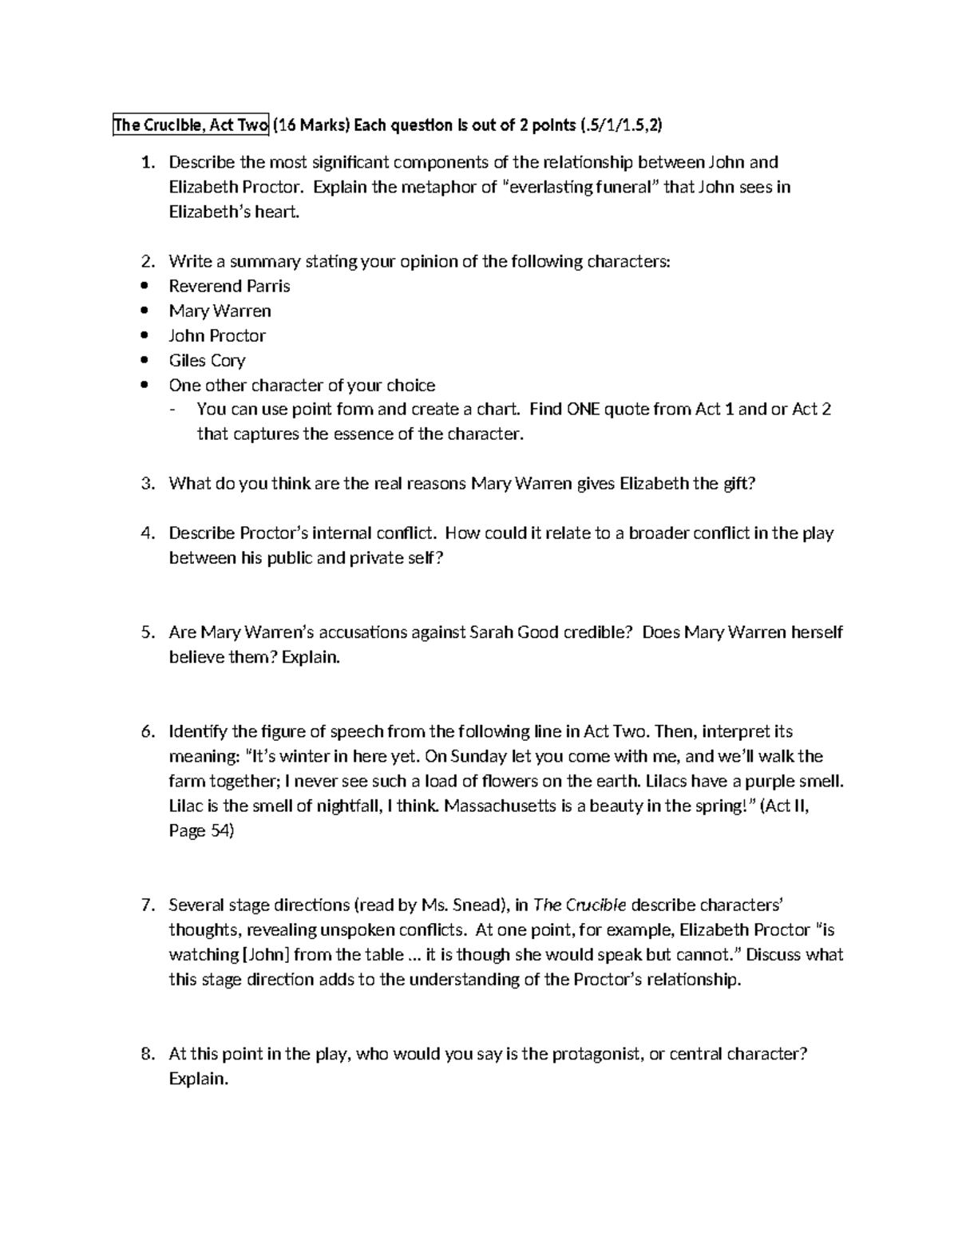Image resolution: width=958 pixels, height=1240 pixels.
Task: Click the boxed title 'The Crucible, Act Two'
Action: click(191, 125)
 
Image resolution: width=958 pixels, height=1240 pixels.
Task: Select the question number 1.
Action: click(146, 163)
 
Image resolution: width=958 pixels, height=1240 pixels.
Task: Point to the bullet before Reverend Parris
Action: click(144, 287)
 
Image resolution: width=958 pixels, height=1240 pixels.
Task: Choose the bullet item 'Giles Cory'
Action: click(207, 361)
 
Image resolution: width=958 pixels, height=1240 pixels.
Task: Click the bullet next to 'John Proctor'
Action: click(144, 336)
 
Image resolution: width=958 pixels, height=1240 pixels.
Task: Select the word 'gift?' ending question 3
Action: click(732, 484)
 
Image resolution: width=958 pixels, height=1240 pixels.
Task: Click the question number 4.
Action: click(146, 533)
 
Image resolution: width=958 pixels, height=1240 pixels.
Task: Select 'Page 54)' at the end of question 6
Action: click(201, 831)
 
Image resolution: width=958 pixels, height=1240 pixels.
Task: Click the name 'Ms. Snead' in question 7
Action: click(465, 905)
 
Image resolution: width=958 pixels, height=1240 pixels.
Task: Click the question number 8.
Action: click(146, 1054)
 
